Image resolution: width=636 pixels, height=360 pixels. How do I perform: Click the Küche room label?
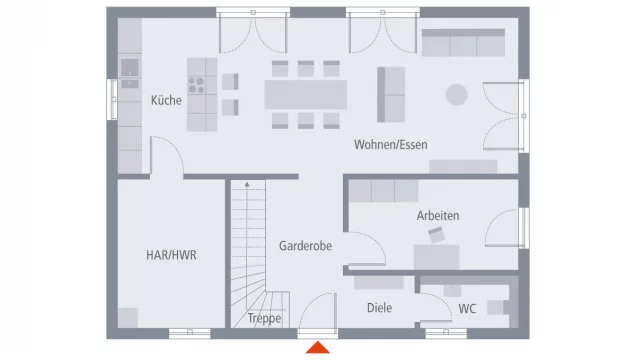click(x=166, y=100)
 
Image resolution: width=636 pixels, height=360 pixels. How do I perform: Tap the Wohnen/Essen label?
click(x=391, y=144)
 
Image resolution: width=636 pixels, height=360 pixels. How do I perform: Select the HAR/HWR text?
click(x=171, y=255)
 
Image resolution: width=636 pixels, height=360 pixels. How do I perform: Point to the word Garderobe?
click(x=305, y=246)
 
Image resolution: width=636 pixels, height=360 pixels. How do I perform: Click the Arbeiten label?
click(x=438, y=215)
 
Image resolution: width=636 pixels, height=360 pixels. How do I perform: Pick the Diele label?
click(x=379, y=308)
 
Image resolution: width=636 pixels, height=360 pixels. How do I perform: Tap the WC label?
click(x=467, y=309)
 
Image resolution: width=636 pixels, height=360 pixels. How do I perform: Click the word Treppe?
click(x=264, y=318)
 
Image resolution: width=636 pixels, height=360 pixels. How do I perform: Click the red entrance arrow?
click(x=318, y=347)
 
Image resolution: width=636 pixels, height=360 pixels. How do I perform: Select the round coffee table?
click(x=456, y=94)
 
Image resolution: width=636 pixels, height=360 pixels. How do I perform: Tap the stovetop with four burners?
click(x=196, y=85)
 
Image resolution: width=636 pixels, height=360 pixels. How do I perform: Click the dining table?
click(x=306, y=94)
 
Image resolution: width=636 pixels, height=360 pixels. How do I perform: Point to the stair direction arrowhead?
click(x=247, y=184)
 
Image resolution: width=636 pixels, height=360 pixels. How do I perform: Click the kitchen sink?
click(x=130, y=68)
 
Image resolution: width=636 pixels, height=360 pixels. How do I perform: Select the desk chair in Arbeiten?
click(x=436, y=235)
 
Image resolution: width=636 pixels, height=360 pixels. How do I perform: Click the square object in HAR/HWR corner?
click(x=128, y=318)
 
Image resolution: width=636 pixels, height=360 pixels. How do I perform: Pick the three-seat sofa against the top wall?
click(x=463, y=43)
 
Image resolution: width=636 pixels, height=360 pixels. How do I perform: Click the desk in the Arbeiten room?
click(x=436, y=257)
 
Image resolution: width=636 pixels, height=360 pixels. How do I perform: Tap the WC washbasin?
click(x=452, y=291)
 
